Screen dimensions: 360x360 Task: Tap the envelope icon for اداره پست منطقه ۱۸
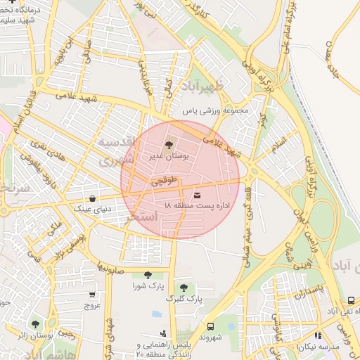tap(196, 194)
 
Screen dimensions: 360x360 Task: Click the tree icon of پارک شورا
tap(147, 275)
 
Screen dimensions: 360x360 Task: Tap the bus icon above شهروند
tap(210, 326)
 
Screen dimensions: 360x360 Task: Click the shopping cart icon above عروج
tap(93, 295)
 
